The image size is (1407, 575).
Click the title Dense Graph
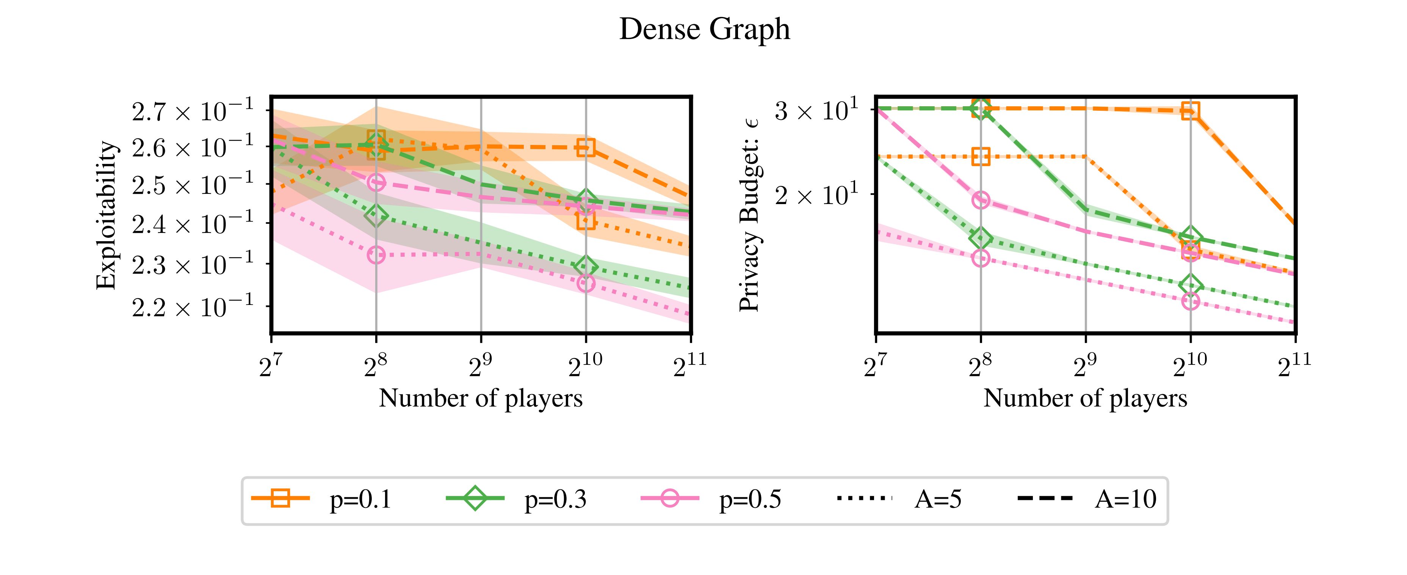point(704,30)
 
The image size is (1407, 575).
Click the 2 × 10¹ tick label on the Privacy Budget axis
point(812,195)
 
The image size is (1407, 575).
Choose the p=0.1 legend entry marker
point(281,498)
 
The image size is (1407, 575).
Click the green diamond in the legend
point(476,498)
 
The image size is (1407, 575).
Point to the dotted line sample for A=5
point(865,498)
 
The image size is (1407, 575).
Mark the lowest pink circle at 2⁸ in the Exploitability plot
point(376,255)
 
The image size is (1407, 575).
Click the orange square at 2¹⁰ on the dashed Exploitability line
point(586,148)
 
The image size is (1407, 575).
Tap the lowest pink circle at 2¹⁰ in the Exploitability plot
point(586,283)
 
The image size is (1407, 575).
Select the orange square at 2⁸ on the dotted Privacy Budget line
point(981,157)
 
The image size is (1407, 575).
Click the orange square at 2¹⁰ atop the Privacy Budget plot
point(1191,111)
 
